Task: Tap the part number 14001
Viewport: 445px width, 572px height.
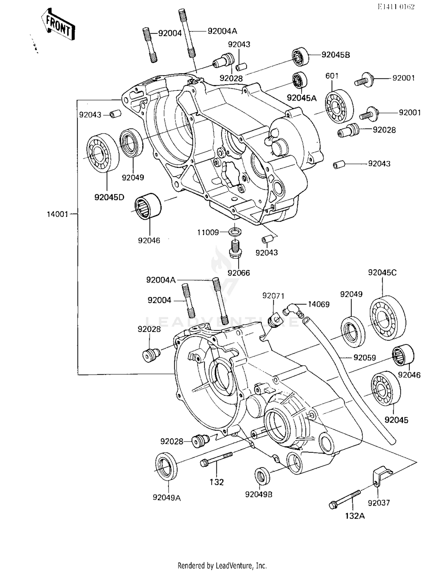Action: click(x=57, y=214)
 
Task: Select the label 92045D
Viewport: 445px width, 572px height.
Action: click(x=109, y=197)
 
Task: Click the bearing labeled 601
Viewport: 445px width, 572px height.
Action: click(x=339, y=106)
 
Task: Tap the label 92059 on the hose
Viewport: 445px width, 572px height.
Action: click(x=365, y=358)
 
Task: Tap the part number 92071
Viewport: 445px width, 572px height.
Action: click(x=273, y=296)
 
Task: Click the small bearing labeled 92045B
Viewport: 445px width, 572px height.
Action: click(x=300, y=56)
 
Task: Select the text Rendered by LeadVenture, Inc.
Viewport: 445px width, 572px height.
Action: click(x=222, y=565)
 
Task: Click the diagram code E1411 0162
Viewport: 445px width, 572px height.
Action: click(x=396, y=7)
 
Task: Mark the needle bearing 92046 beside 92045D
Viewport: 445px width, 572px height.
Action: click(x=148, y=206)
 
